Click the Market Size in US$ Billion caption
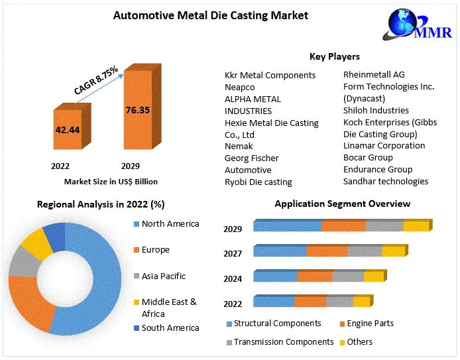(111, 181)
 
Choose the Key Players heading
(334, 57)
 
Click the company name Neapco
(240, 87)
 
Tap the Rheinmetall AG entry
(374, 74)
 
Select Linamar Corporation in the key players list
(384, 145)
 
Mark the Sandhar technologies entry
(386, 181)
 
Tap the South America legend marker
(137, 328)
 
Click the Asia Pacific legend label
(164, 276)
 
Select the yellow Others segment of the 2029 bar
(416, 226)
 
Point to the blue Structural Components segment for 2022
(274, 302)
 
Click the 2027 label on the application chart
(233, 253)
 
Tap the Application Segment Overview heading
(343, 204)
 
